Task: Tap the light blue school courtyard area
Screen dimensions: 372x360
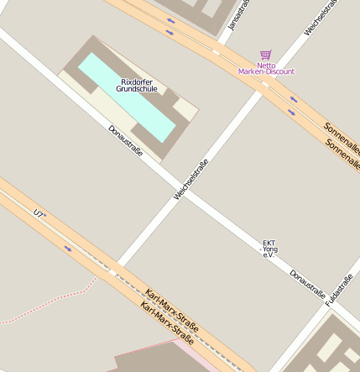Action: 126,97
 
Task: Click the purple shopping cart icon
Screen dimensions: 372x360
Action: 265,55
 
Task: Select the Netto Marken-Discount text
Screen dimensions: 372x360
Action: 267,69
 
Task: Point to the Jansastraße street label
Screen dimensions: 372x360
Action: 240,15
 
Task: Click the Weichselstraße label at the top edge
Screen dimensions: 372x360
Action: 322,17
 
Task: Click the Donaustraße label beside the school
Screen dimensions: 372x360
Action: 126,141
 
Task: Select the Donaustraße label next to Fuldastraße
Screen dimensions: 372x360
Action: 307,284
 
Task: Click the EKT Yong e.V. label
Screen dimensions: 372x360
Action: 269,249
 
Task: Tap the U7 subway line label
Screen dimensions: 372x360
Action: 39,214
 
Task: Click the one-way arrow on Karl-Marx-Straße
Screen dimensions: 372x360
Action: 68,248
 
